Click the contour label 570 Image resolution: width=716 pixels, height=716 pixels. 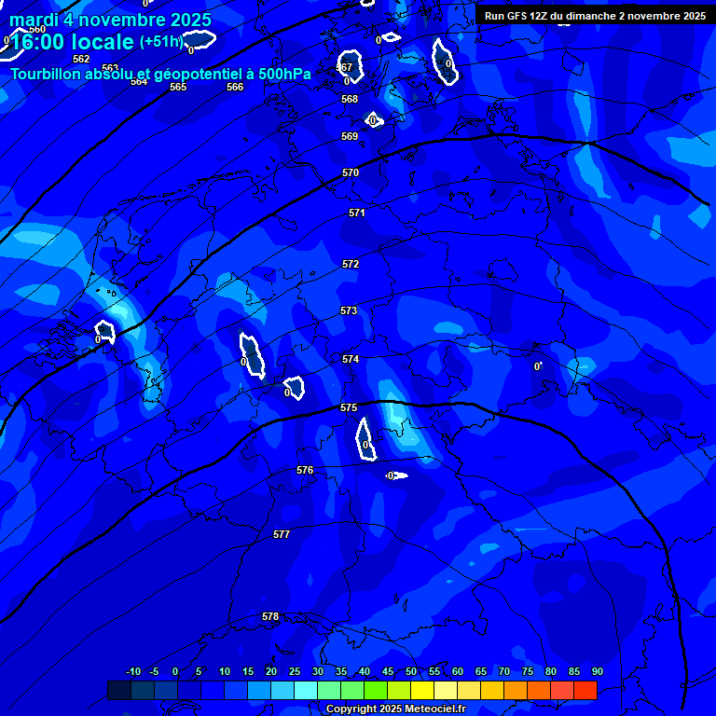351,172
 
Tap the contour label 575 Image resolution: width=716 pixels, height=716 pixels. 349,407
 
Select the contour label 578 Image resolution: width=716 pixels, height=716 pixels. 270,616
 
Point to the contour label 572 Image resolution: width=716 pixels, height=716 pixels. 351,264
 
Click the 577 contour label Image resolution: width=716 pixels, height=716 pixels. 282,534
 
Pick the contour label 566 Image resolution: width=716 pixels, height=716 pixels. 235,87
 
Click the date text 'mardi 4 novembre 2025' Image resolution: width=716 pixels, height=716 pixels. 110,20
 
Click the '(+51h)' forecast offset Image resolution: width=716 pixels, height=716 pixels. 161,42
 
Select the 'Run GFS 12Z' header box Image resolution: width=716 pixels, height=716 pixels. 595,16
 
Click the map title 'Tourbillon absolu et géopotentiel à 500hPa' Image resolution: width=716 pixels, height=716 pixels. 160,73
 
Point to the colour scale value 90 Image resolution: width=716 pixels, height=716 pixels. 598,671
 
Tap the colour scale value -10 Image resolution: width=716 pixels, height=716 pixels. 132,671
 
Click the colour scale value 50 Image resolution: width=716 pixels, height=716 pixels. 411,671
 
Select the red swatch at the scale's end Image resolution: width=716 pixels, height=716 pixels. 585,690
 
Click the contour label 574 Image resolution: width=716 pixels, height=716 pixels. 351,359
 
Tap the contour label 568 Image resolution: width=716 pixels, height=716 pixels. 350,99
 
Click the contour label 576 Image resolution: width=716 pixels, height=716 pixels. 305,470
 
